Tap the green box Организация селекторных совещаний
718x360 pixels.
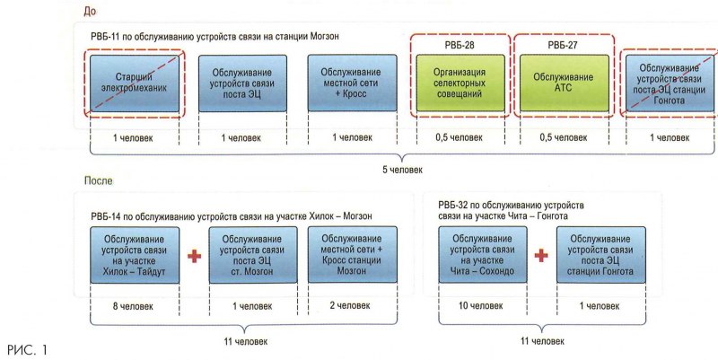coord(460,83)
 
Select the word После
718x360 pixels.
coord(98,180)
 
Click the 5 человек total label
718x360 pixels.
coord(398,168)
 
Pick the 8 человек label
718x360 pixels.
coord(133,306)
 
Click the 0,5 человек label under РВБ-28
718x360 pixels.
coord(460,137)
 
